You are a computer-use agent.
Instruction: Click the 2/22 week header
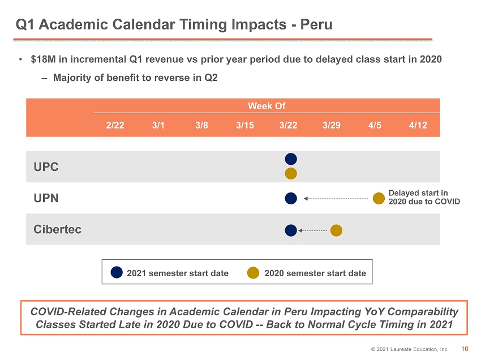point(115,125)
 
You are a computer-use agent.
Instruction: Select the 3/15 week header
point(245,125)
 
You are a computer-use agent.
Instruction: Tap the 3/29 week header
point(332,125)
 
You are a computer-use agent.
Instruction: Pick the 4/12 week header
point(418,125)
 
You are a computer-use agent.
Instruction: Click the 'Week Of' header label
point(267,106)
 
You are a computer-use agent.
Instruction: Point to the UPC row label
point(46,167)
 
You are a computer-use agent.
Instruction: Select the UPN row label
point(46,198)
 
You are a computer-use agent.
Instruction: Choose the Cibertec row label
point(57,229)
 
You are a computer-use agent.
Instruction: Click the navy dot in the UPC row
point(291,159)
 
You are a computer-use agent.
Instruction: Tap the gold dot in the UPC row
point(291,173)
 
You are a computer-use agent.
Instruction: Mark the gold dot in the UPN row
point(379,198)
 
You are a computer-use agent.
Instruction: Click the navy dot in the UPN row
point(291,198)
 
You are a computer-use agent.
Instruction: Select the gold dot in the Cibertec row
point(336,230)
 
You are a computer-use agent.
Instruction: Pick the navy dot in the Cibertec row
point(291,230)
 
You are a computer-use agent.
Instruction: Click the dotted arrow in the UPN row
point(336,199)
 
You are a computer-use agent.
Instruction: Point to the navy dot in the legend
point(117,272)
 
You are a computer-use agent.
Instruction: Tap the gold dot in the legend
point(253,272)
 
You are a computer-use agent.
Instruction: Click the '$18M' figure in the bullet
point(43,59)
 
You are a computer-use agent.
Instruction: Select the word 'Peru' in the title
point(316,24)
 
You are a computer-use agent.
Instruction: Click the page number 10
point(465,349)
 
